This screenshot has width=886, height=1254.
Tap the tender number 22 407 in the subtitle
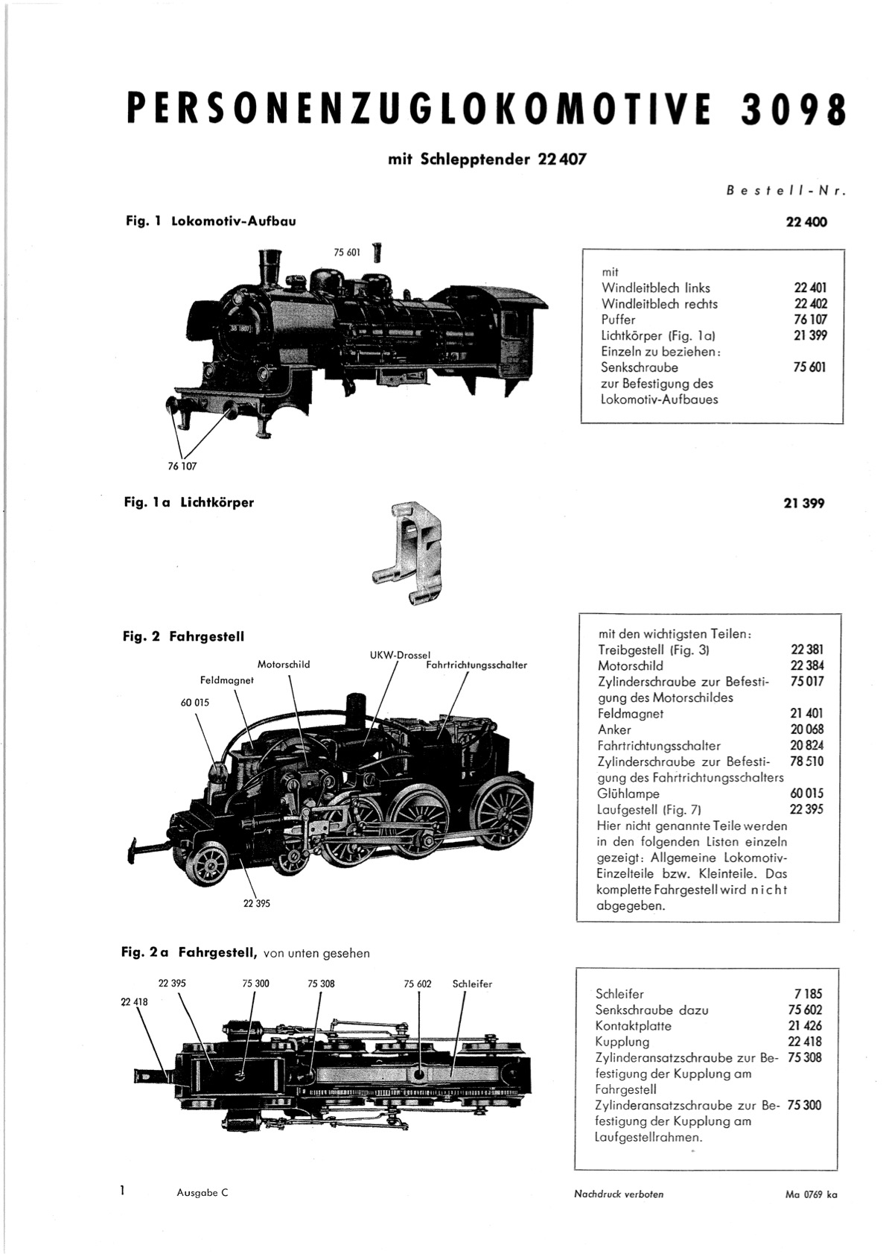[x=562, y=159]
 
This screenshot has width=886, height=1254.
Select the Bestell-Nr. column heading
[x=785, y=191]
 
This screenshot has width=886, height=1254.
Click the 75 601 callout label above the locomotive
[x=347, y=253]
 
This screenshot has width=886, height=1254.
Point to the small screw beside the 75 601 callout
[x=377, y=253]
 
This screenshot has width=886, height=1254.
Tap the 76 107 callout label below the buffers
[x=182, y=466]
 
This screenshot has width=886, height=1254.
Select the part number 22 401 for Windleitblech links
[x=810, y=288]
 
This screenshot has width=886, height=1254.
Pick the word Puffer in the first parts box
[x=618, y=320]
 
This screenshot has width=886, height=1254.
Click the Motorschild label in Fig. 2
[x=284, y=665]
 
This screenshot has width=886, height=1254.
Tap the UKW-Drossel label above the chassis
[x=399, y=655]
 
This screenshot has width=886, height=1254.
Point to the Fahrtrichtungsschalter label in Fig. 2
[x=477, y=665]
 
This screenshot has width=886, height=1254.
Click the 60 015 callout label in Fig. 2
[x=194, y=702]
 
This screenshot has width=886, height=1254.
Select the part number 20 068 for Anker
[x=806, y=729]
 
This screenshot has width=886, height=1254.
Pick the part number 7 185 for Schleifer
[x=809, y=994]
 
